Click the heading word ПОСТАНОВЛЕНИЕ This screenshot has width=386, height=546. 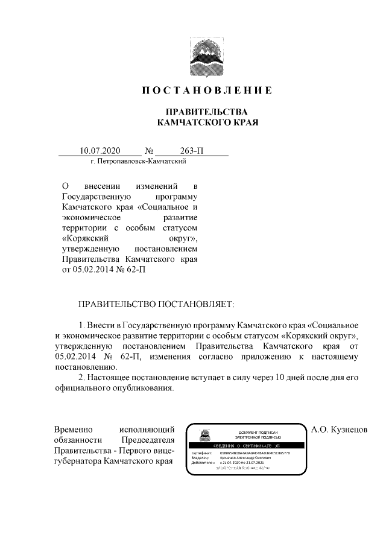click(207, 91)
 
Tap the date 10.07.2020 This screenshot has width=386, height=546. click(101, 151)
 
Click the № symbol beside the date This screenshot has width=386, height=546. click(150, 151)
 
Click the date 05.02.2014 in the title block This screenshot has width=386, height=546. click(96, 270)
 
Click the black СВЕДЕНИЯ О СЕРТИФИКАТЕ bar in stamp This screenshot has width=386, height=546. click(255, 444)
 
